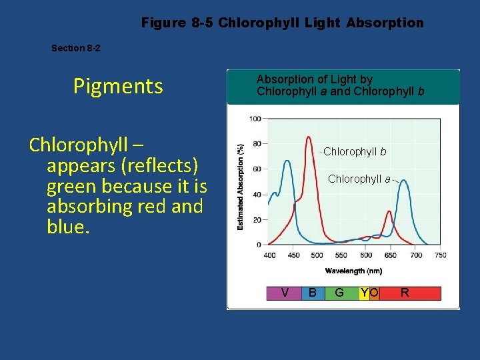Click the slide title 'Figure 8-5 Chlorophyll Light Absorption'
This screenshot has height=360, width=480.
click(x=282, y=23)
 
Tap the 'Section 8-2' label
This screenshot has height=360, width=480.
click(x=76, y=48)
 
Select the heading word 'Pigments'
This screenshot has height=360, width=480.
click(x=118, y=86)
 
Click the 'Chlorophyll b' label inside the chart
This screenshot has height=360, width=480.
click(x=355, y=151)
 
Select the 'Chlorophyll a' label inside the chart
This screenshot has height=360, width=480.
click(x=359, y=179)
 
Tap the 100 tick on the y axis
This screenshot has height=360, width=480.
click(x=255, y=119)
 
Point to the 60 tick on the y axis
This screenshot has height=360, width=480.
click(x=257, y=169)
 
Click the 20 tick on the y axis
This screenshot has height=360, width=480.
click(x=257, y=219)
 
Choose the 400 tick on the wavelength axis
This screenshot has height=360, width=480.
click(x=270, y=255)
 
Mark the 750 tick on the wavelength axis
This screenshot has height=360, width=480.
click(x=441, y=255)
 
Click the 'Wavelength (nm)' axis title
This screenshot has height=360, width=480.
click(x=354, y=271)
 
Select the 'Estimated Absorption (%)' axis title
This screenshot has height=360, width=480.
click(x=240, y=186)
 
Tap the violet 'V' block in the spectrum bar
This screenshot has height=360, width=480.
click(x=285, y=293)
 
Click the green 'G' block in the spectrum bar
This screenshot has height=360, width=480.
click(x=340, y=293)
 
